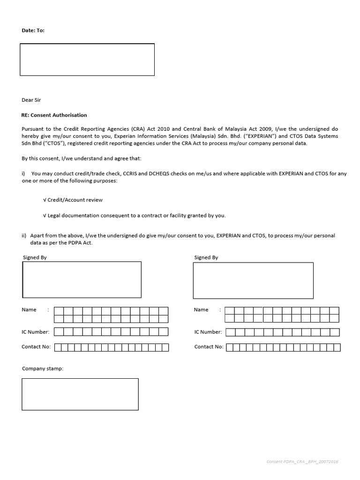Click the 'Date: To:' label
(x=33, y=30)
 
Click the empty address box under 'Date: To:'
(x=87, y=60)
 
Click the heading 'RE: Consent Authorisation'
(x=54, y=115)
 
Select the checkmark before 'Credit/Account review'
(x=45, y=200)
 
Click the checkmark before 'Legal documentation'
(x=45, y=216)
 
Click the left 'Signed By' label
(x=35, y=257)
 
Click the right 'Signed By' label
(x=206, y=257)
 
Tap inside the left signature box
(x=82, y=279)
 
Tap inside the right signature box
(x=253, y=280)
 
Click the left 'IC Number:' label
(x=35, y=332)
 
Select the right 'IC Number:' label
(x=208, y=332)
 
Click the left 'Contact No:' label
(x=36, y=347)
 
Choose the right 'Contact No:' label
(x=209, y=347)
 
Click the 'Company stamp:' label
(x=42, y=368)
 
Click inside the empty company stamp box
(x=80, y=394)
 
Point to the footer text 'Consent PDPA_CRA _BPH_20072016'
(x=302, y=462)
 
